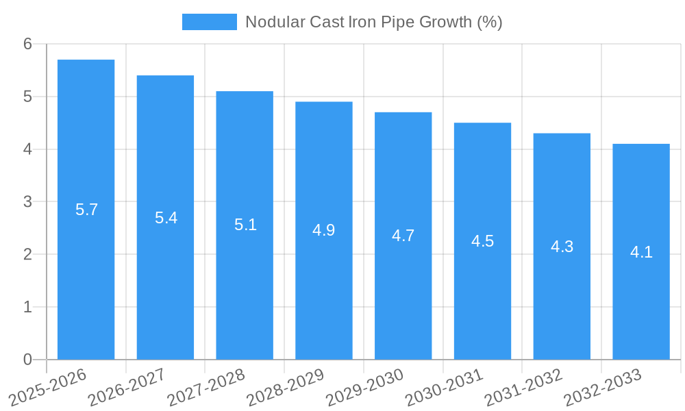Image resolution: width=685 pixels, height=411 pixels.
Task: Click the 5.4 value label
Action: [x=166, y=218]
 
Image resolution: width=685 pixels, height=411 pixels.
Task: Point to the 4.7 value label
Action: [x=403, y=236]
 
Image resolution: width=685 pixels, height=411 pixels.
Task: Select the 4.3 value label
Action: [x=562, y=247]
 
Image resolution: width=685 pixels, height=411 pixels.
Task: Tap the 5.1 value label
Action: [x=245, y=225]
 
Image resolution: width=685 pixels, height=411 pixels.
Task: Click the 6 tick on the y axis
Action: [x=27, y=44]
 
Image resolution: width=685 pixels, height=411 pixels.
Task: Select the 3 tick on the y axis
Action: [x=27, y=202]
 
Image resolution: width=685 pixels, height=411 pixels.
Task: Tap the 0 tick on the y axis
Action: [x=27, y=360]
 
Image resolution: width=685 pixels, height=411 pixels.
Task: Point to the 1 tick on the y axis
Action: [x=27, y=307]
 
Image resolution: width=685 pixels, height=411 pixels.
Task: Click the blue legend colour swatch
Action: [x=209, y=22]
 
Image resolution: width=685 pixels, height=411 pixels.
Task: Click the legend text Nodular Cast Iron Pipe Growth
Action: [x=373, y=22]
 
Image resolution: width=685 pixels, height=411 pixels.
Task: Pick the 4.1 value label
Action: [x=641, y=252]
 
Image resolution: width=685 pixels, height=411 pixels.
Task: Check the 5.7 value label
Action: [x=86, y=210]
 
